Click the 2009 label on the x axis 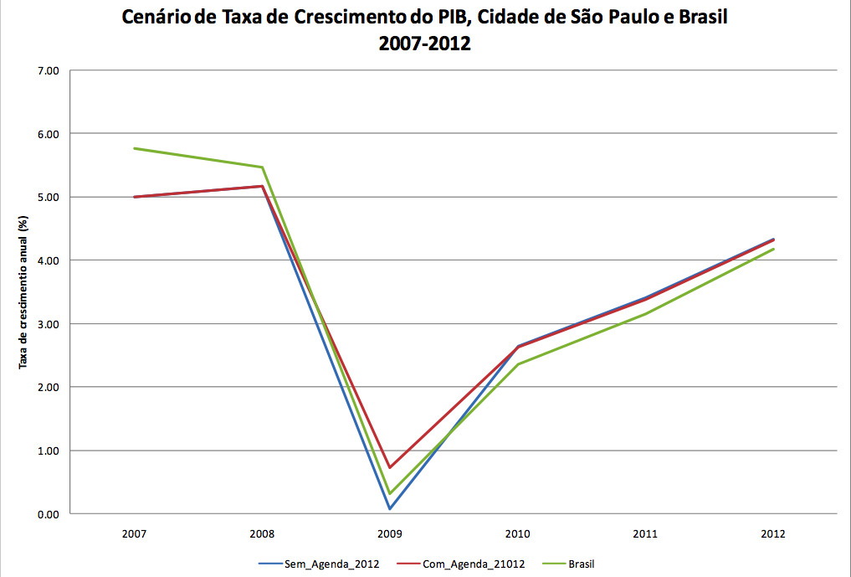coord(389,533)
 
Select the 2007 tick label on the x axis coord(134,533)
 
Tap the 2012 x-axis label coord(772,533)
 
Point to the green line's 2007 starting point coord(134,148)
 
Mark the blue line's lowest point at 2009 coord(389,508)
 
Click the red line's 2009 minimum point coord(389,467)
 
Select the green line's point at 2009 coord(389,493)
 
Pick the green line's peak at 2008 coord(262,167)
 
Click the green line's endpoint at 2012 coord(772,249)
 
